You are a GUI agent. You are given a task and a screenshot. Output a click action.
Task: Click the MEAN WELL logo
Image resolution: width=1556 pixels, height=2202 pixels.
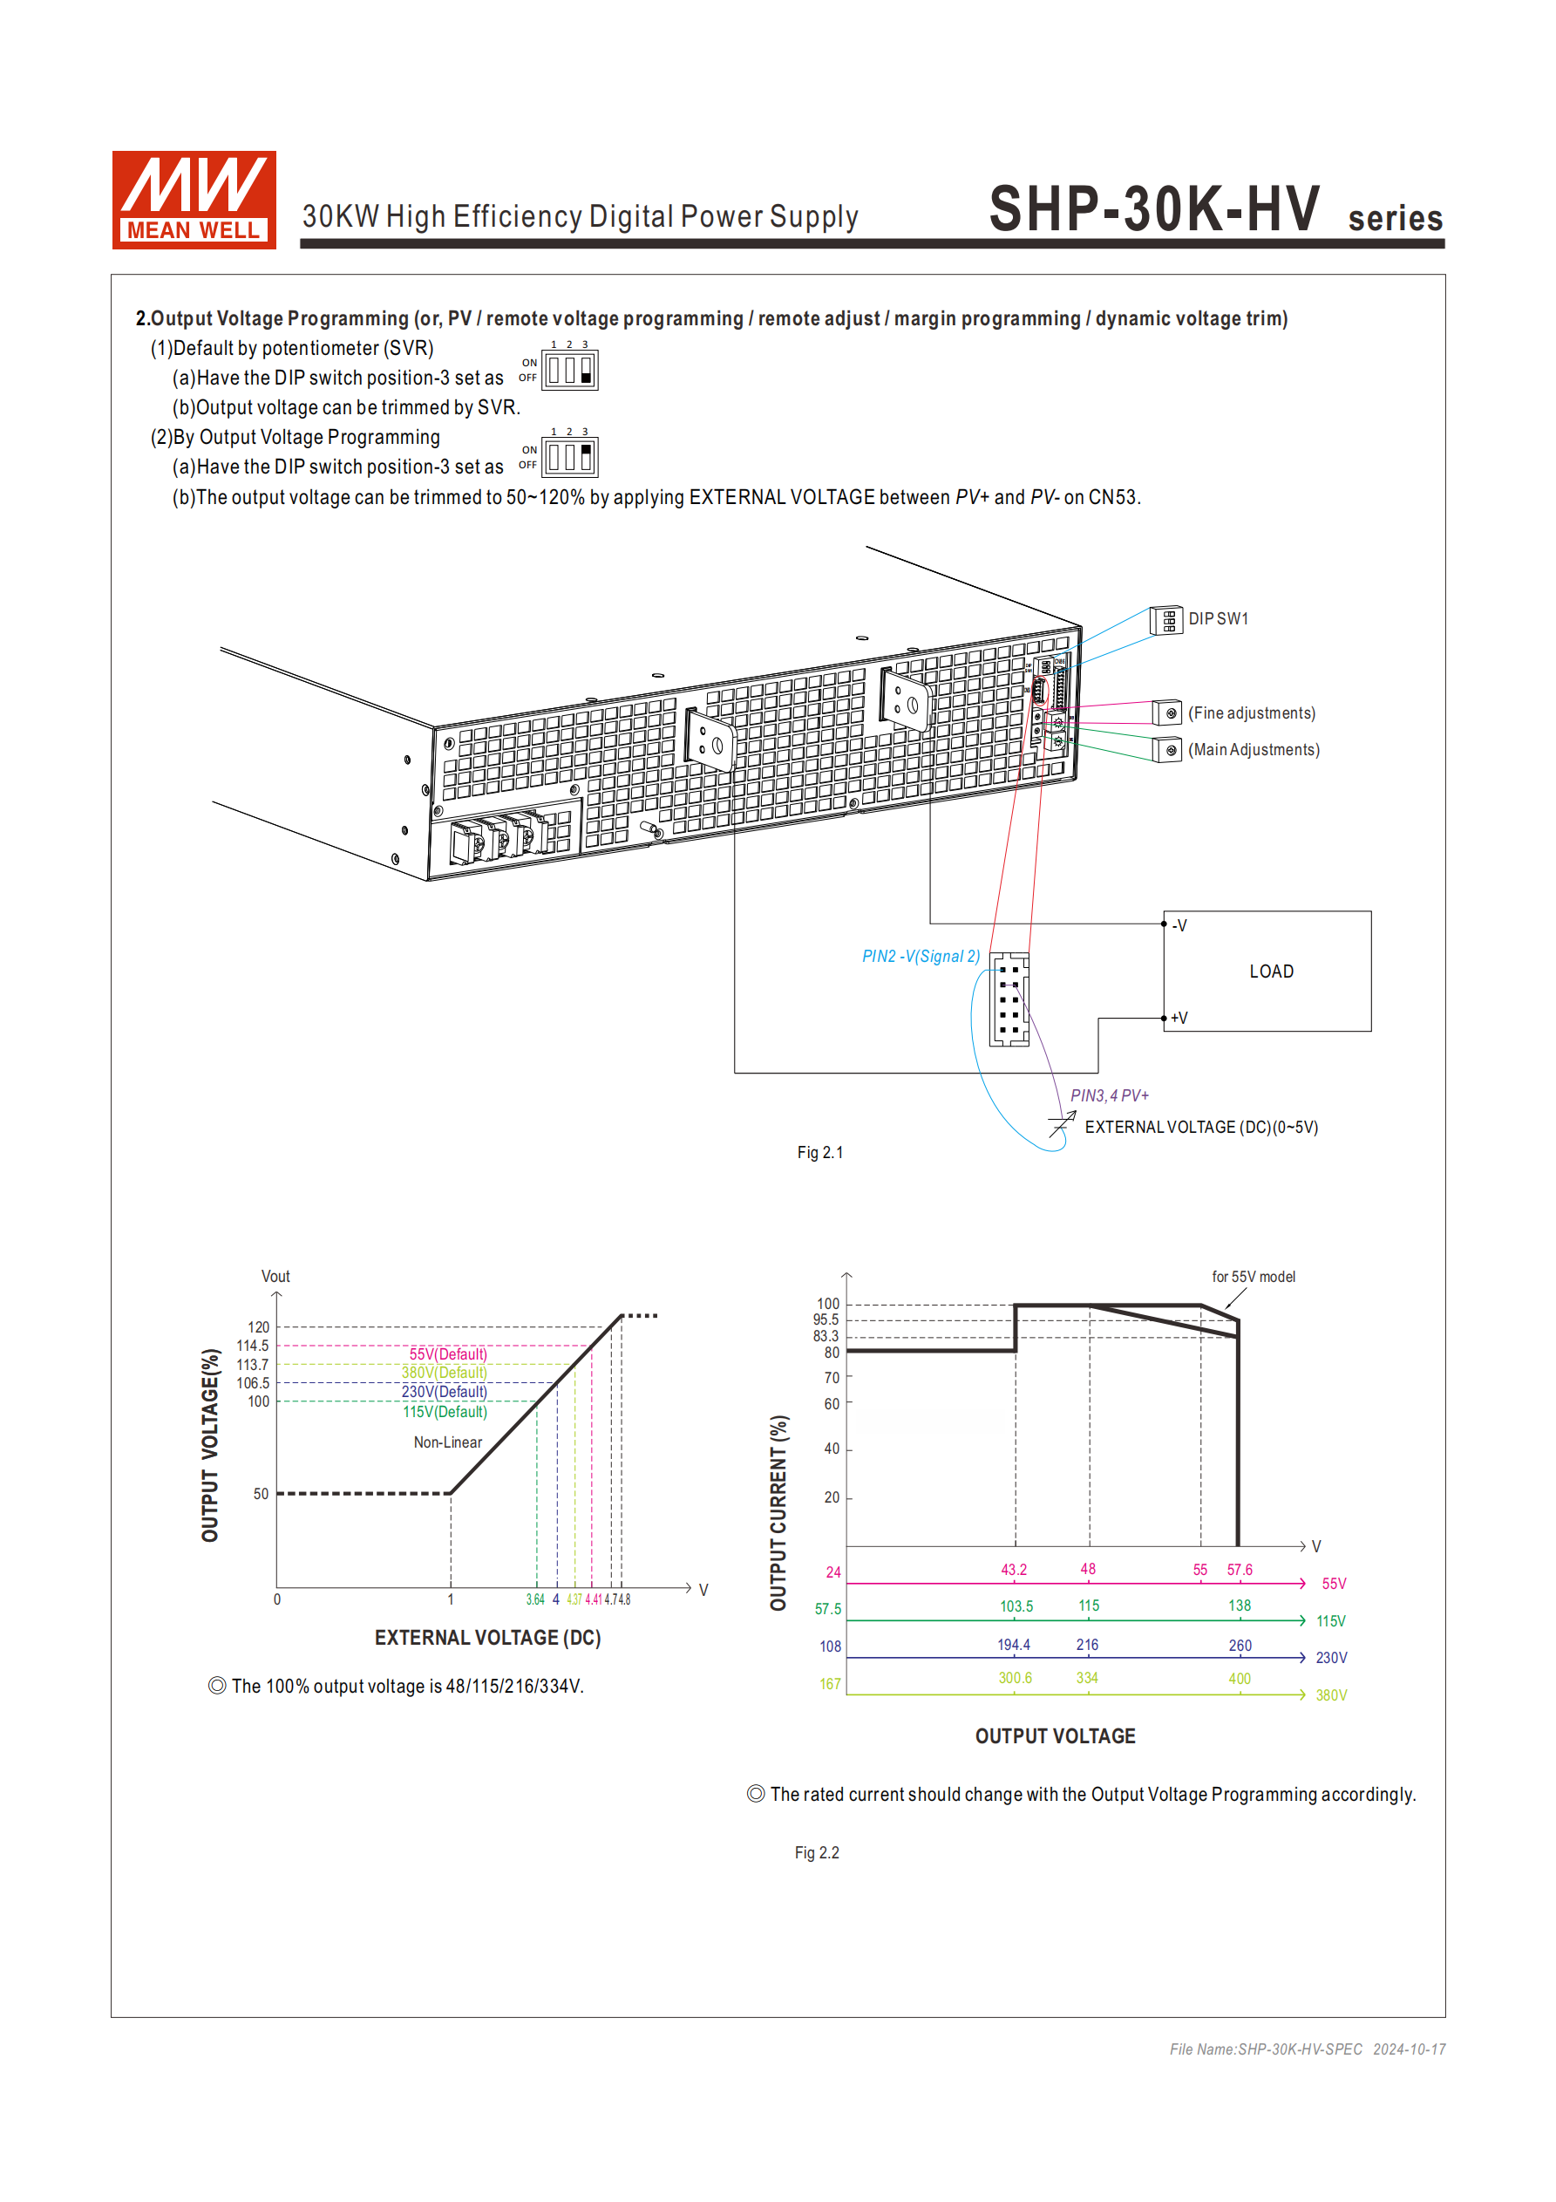point(194,200)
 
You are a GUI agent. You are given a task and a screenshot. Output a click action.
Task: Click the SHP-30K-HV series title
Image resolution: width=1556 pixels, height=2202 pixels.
point(1213,210)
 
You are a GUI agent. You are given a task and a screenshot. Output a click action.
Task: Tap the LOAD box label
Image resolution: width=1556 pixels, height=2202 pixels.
point(1270,971)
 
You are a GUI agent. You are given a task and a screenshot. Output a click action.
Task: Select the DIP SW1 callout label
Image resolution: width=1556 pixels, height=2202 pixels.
point(1218,618)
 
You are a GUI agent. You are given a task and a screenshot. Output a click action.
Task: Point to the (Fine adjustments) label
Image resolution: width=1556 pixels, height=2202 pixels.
point(1251,712)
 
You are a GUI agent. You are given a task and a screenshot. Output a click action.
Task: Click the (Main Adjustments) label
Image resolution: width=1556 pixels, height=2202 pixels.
point(1253,749)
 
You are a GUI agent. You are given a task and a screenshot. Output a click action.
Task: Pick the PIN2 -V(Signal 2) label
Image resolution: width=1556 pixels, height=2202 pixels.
point(921,956)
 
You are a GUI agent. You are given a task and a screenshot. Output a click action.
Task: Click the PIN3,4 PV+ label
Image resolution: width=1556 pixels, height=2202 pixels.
point(1109,1095)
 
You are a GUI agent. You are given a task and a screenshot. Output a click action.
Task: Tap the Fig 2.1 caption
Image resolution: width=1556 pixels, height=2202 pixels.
point(819,1152)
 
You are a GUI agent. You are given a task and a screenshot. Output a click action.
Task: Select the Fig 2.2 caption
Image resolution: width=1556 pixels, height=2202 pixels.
point(816,1852)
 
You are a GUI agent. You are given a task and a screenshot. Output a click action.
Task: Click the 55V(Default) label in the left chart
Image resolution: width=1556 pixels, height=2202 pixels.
point(448,1353)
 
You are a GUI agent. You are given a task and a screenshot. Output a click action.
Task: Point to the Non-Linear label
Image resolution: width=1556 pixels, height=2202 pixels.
point(448,1442)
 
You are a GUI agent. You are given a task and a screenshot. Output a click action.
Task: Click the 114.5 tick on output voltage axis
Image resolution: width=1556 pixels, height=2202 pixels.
point(253,1346)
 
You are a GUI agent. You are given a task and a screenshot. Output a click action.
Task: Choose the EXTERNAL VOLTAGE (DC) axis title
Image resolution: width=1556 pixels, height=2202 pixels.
point(487,1637)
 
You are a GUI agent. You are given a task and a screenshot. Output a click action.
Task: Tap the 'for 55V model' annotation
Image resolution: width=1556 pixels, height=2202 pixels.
point(1252,1277)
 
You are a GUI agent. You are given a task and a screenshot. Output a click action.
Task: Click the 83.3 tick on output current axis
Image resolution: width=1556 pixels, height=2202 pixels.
point(826,1336)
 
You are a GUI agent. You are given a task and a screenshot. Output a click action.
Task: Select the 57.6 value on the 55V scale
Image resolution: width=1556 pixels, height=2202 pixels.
point(1239,1569)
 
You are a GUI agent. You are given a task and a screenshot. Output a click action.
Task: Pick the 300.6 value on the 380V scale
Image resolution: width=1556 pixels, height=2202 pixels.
point(1015,1677)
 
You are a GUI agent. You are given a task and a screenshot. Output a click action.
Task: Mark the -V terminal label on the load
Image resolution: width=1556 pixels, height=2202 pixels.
point(1179,925)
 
